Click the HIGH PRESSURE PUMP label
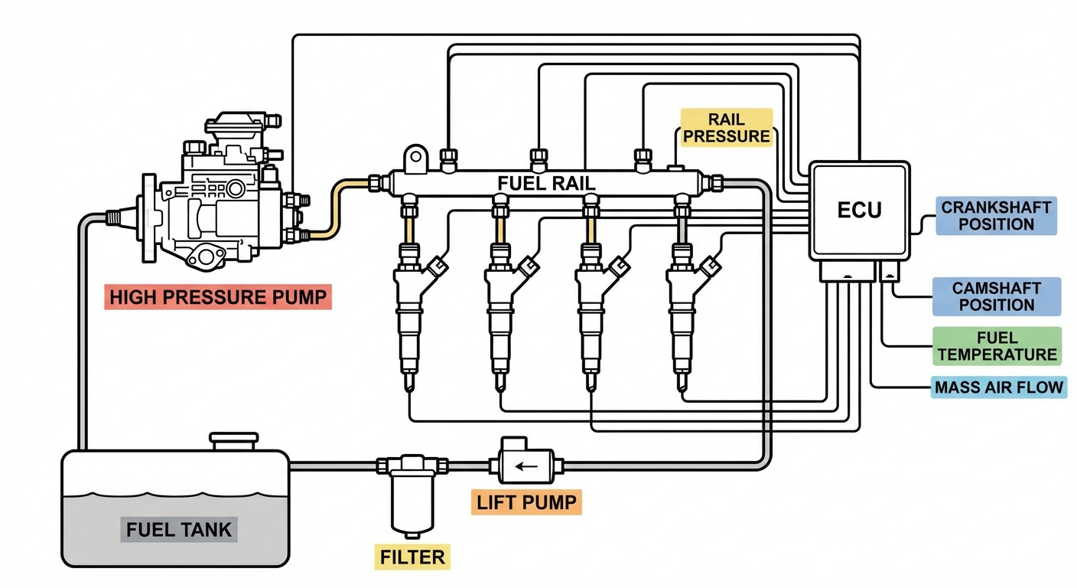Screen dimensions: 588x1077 217,298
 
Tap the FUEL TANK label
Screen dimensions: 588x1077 179,529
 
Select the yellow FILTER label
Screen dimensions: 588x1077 412,557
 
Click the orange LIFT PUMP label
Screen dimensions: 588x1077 526,502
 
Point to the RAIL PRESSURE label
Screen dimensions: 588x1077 727,127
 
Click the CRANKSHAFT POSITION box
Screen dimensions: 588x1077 996,216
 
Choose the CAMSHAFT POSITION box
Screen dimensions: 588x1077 996,296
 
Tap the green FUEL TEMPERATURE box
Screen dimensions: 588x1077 997,346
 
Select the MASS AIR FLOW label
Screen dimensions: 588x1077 999,387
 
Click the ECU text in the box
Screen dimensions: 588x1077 860,210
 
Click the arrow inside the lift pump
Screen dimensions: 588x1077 525,465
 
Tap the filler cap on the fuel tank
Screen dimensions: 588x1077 234,442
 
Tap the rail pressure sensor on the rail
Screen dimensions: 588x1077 675,165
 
